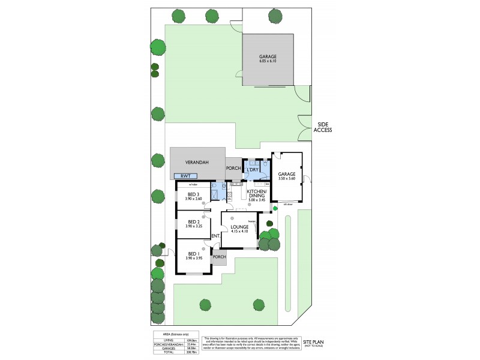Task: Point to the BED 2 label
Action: (193, 222)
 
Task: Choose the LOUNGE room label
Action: (239, 227)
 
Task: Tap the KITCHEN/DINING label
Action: (257, 193)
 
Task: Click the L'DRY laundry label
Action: (253, 170)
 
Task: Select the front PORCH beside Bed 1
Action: (219, 257)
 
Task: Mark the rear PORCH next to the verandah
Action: (232, 168)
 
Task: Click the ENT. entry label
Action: (215, 236)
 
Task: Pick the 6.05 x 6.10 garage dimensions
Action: (268, 62)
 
